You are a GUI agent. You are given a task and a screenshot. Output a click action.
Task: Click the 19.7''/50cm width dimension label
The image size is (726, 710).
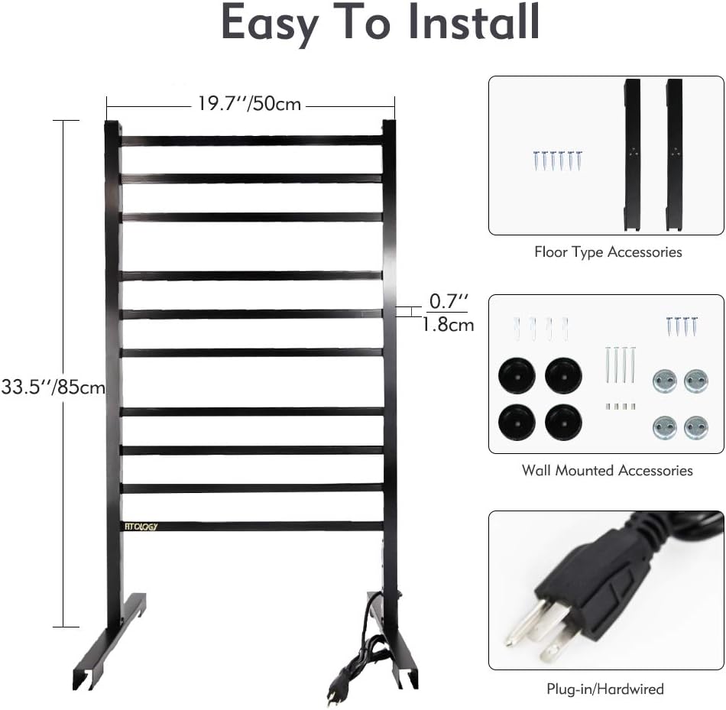coord(250,103)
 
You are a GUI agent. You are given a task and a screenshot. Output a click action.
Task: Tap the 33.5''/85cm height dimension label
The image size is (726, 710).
coord(53,387)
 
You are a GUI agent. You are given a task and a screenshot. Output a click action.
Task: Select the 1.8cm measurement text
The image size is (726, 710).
coord(449,325)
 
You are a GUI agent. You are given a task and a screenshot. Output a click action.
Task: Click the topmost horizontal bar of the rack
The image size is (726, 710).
coord(251,141)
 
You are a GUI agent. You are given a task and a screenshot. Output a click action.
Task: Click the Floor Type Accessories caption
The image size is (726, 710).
coord(607,251)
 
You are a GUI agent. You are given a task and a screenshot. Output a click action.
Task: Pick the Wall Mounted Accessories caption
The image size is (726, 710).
coord(607,470)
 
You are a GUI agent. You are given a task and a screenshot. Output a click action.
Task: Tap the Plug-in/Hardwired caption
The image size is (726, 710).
coord(604,689)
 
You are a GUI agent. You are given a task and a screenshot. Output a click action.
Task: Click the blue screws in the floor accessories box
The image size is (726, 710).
coord(557,160)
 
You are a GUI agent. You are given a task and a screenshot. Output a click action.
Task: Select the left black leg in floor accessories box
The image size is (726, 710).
coord(633,153)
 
